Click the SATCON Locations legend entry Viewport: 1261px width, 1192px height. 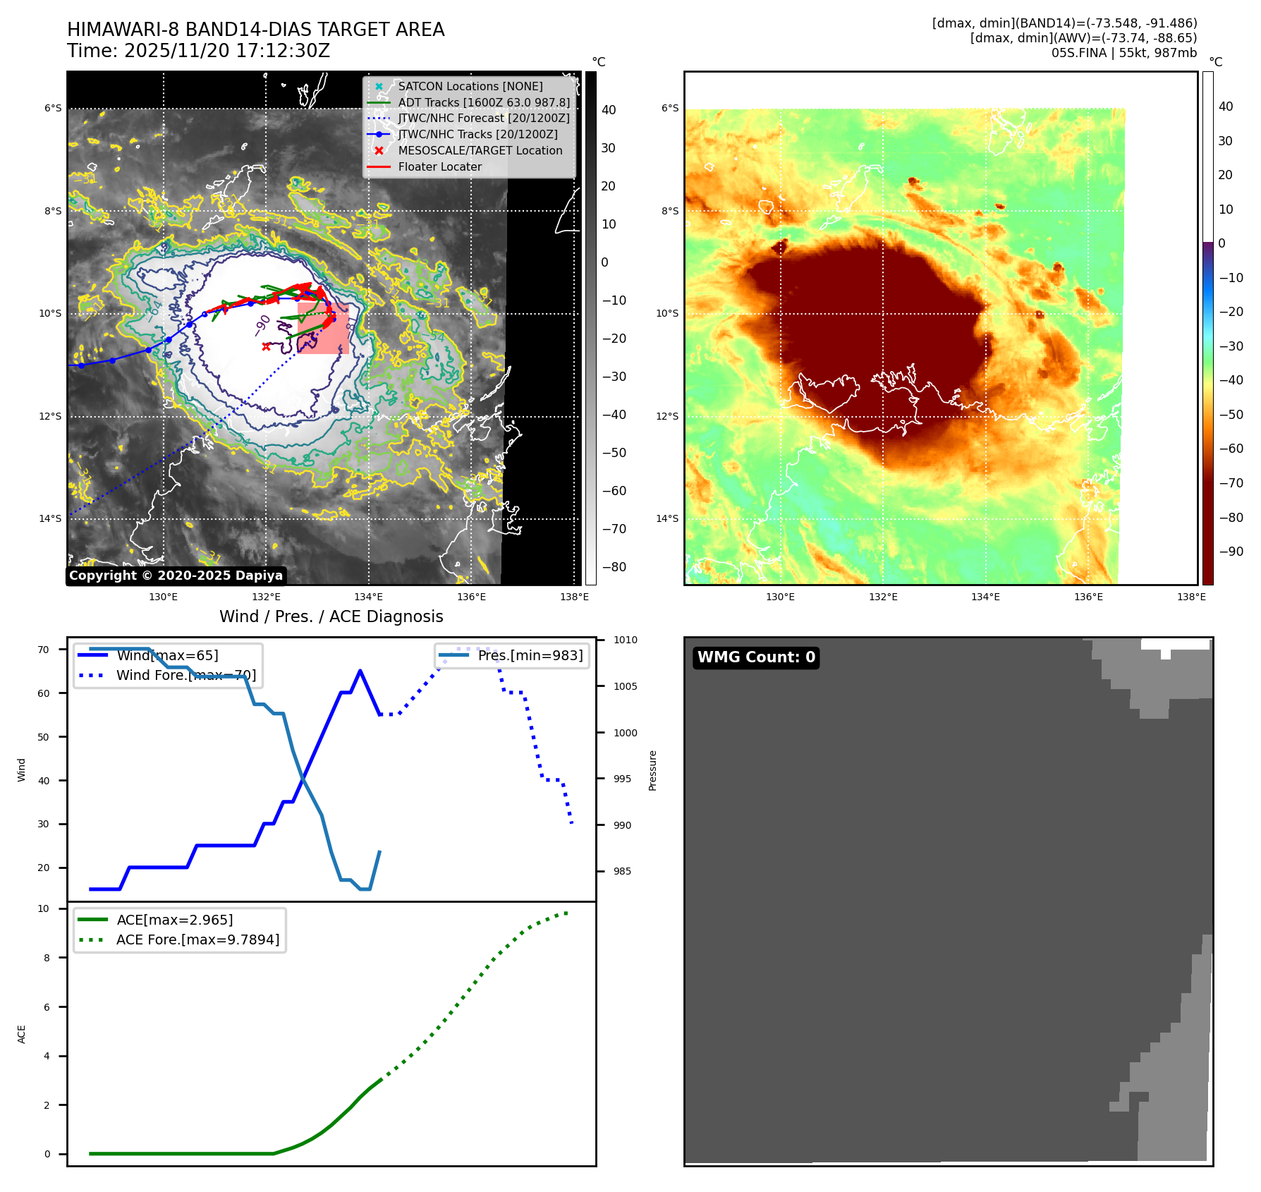tap(470, 86)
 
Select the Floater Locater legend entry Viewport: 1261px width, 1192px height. tap(439, 166)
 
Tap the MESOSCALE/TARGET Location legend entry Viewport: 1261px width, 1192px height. tap(480, 150)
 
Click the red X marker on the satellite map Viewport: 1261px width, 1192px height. tap(266, 346)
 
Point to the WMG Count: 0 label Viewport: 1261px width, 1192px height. tap(756, 657)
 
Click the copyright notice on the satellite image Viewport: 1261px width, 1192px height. tap(176, 576)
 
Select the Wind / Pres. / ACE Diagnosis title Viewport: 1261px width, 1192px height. tap(331, 616)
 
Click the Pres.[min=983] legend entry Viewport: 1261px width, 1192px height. tap(530, 655)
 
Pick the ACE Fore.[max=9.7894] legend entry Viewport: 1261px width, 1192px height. tap(197, 939)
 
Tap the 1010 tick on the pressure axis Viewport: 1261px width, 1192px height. tap(625, 640)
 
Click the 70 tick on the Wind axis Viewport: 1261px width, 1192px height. tap(44, 650)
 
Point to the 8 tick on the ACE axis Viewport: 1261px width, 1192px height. tap(47, 958)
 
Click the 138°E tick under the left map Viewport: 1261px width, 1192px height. tap(574, 597)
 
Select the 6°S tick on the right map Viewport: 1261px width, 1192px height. tap(670, 108)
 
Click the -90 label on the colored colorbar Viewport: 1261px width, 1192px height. tap(1231, 552)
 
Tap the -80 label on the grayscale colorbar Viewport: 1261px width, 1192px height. tap(614, 567)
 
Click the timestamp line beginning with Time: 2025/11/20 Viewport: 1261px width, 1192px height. tap(198, 51)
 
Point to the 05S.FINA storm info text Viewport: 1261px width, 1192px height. tap(1123, 53)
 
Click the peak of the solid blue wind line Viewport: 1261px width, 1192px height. tap(360, 671)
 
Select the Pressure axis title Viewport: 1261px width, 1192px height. tap(652, 770)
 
